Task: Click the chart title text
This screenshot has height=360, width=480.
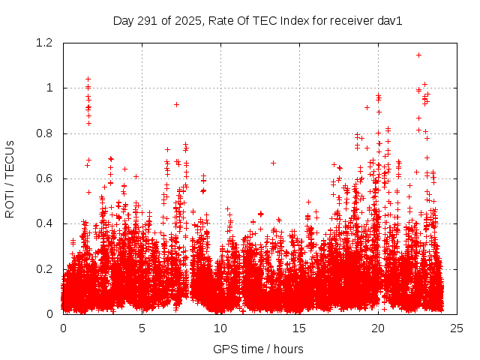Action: click(257, 20)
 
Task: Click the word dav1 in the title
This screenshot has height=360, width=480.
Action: click(390, 20)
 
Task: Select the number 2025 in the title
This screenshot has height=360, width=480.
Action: click(187, 20)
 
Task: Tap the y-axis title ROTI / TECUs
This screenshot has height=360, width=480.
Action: click(10, 178)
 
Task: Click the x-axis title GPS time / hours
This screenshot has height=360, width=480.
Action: click(258, 349)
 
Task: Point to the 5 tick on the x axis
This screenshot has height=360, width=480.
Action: click(142, 328)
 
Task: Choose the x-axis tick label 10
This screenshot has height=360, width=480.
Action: click(220, 328)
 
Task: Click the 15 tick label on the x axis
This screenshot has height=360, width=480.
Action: click(299, 328)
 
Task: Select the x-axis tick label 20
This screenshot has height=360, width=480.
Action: click(378, 328)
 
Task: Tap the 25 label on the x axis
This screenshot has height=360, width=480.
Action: click(457, 328)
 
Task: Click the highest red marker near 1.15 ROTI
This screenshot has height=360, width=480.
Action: click(418, 55)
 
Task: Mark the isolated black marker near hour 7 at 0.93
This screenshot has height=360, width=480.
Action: click(176, 104)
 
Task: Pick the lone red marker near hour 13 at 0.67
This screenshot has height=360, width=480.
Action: click(273, 163)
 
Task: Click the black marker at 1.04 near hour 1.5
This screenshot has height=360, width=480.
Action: click(88, 79)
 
